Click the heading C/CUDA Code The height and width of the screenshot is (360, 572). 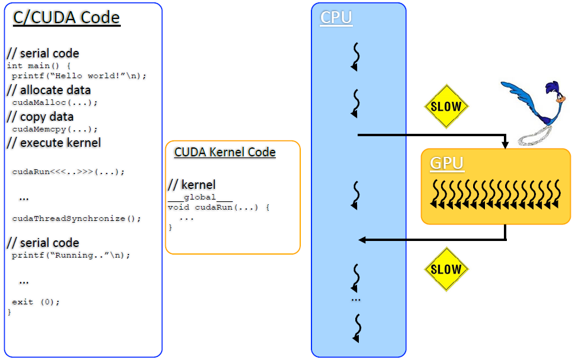point(66,18)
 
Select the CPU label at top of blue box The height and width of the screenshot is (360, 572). point(336,17)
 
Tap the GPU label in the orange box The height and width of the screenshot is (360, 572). point(447,163)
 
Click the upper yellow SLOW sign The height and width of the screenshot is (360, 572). point(446,107)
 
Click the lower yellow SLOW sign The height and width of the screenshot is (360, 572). point(446,269)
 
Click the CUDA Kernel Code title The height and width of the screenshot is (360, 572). point(225,152)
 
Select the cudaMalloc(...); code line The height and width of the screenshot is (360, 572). point(54,102)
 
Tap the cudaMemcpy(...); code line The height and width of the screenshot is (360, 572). point(54,129)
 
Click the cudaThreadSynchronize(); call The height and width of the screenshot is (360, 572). point(76,218)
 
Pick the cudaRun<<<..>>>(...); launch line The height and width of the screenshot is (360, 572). point(68,172)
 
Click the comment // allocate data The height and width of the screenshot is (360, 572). point(49,90)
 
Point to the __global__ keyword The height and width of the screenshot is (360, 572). point(200,198)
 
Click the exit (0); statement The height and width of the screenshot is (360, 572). point(36,302)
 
